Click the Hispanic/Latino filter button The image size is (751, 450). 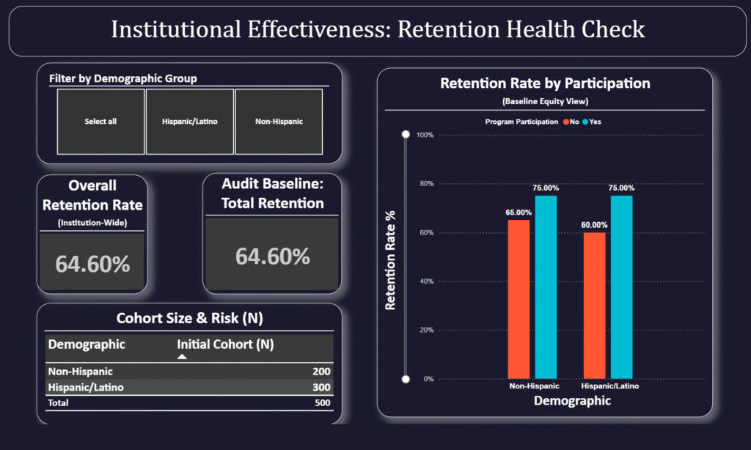point(190,122)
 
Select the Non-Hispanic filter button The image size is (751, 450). point(279,122)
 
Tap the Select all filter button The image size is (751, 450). point(100,122)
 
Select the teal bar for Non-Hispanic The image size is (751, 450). point(545,287)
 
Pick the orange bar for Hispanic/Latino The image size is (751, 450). point(595,306)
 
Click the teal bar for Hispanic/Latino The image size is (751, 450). point(621,287)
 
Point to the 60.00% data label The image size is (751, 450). point(595,225)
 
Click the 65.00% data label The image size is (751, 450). point(519,213)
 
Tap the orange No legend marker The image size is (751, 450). point(565,122)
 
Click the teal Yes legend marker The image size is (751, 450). point(585,122)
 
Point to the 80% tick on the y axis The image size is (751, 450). point(425,184)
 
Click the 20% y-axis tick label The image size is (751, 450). point(425,331)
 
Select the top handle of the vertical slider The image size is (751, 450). point(405,135)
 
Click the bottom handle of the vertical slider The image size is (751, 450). point(405,379)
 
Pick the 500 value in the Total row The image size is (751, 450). point(322,402)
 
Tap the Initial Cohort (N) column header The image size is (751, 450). point(225,344)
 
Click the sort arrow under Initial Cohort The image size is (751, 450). point(182,356)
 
